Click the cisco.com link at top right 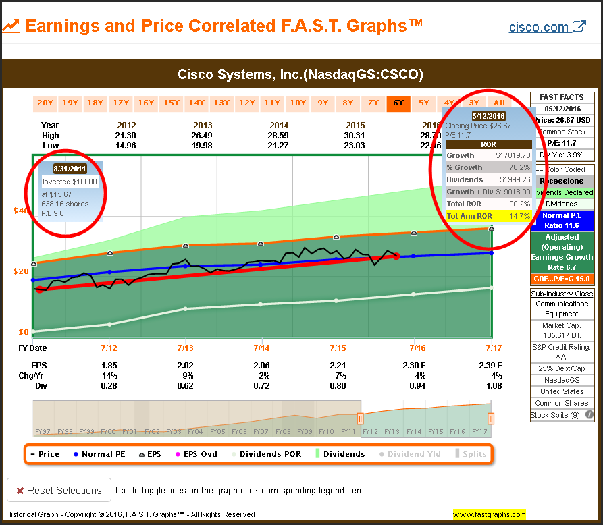coord(547,27)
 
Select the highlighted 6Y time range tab coord(397,103)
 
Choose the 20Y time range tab coord(45,103)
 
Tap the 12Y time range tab coord(247,103)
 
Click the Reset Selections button coord(59,491)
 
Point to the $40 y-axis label coord(20,211)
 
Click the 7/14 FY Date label coord(261,348)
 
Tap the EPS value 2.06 coord(261,365)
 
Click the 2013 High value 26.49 coord(203,135)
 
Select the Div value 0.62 coord(185,386)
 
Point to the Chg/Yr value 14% coord(109,375)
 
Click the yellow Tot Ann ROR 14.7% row coord(489,216)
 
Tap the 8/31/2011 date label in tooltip coord(70,169)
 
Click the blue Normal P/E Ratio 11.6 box coord(562,220)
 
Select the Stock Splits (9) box coord(562,415)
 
